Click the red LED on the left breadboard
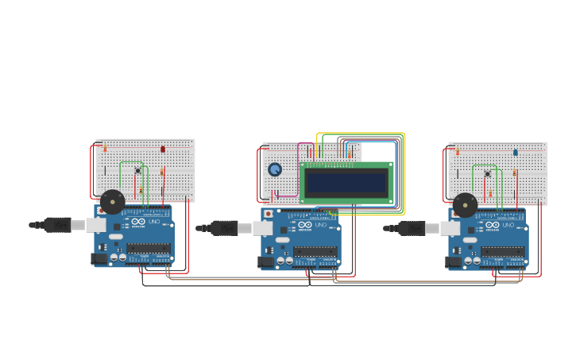[x=163, y=149]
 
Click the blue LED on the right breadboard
[x=515, y=152]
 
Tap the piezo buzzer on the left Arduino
[x=112, y=202]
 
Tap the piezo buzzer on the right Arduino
[x=465, y=205]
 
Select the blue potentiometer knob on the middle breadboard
[x=275, y=169]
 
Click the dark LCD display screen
[x=346, y=183]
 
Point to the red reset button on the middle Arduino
[x=269, y=214]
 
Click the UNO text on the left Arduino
[x=154, y=222]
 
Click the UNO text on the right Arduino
[x=508, y=225]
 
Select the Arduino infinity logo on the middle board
[x=304, y=225]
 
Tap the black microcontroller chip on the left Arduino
[x=149, y=249]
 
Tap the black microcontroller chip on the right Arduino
[x=502, y=252]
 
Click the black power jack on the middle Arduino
[x=266, y=261]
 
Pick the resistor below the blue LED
[x=514, y=172]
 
